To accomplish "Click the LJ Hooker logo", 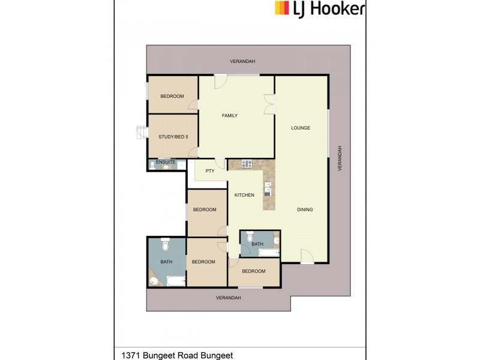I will click(x=319, y=8).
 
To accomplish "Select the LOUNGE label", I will click(x=300, y=128).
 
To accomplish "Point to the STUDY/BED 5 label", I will click(x=173, y=137).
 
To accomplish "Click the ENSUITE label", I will click(x=166, y=162).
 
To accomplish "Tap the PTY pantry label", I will click(x=210, y=170).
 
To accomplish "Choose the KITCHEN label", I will click(x=244, y=195).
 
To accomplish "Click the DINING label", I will click(x=305, y=209).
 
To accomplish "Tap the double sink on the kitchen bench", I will click(x=268, y=188).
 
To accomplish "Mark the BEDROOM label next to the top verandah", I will click(x=172, y=96).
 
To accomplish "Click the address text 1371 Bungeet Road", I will click(x=177, y=355).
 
